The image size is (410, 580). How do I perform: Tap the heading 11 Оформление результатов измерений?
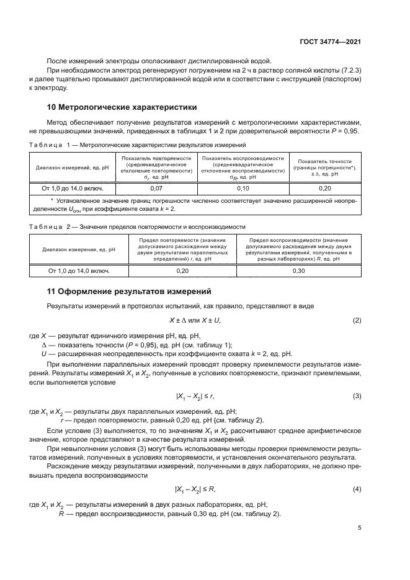coord(130,291)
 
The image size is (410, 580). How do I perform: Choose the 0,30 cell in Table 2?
coord(298,270)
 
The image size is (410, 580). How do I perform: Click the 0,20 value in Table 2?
coord(182,270)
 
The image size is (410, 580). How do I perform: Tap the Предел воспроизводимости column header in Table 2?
coord(298,249)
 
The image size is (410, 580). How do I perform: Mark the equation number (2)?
coord(357,320)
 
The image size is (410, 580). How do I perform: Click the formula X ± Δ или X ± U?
coord(195,320)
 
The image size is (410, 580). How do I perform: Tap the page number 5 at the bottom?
coord(359,529)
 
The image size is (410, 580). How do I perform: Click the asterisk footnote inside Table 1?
coord(195,205)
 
